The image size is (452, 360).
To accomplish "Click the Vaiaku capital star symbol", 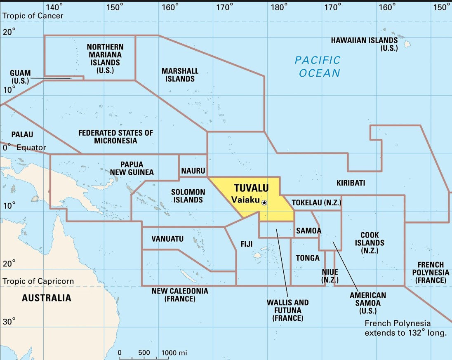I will coord(264,202).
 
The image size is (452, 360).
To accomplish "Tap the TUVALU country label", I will coord(251,188).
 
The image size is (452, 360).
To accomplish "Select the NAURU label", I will coord(193,170).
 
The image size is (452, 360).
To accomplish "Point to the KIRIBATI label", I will coord(351,183).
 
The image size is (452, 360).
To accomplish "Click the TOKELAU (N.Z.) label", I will coord(316,202).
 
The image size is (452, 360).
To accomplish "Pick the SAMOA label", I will coord(308,231).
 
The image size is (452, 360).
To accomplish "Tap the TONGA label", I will coord(308,258).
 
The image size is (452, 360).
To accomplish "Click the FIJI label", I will coord(247,244).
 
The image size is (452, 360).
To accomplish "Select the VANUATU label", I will coord(167,239).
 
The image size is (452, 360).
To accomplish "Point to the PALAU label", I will coord(22,134).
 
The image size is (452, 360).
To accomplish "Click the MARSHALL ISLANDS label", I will coord(180,75).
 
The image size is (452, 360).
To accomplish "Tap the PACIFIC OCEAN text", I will coord(318,66).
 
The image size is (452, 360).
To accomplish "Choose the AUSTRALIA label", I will coord(46,297).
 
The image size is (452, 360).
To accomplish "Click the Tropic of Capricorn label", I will coord(38,281).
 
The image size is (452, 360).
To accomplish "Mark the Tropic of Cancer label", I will coord(33,16).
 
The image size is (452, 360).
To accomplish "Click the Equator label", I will coord(31,147).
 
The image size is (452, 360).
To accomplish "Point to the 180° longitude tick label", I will coord(279,7).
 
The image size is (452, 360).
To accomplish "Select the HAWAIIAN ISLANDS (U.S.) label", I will coord(364,44).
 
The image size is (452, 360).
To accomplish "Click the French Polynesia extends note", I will coord(405,328).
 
